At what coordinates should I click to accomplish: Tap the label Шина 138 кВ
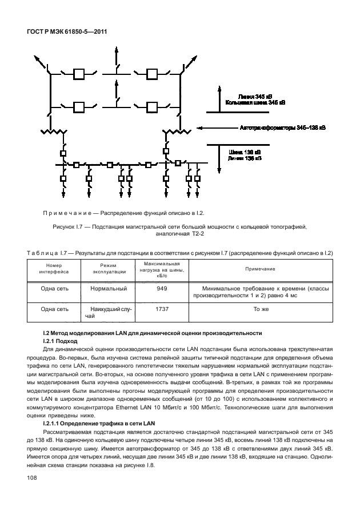pyautogui.click(x=244, y=152)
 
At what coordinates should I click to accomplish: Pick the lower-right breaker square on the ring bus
pyautogui.click(x=151, y=107)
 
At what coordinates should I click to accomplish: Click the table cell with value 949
pyautogui.click(x=161, y=289)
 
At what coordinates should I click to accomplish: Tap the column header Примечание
pyautogui.click(x=260, y=269)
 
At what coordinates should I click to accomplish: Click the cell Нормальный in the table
pyautogui.click(x=108, y=289)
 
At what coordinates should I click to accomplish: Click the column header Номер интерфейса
pyautogui.click(x=54, y=269)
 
